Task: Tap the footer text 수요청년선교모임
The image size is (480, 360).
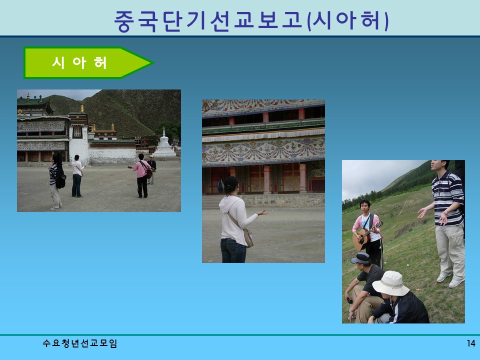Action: pos(80,343)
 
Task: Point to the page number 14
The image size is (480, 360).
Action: pos(470,343)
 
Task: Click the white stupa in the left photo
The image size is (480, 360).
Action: pos(164,144)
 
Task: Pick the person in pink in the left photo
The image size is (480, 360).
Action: pos(142,174)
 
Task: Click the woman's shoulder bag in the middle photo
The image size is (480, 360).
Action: pos(247,238)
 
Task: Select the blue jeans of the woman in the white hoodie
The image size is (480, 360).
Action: pos(233,250)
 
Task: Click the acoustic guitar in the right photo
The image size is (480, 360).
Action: pos(364,237)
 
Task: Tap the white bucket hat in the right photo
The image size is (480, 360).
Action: pos(390,283)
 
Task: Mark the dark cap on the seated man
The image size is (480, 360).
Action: pos(361,258)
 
